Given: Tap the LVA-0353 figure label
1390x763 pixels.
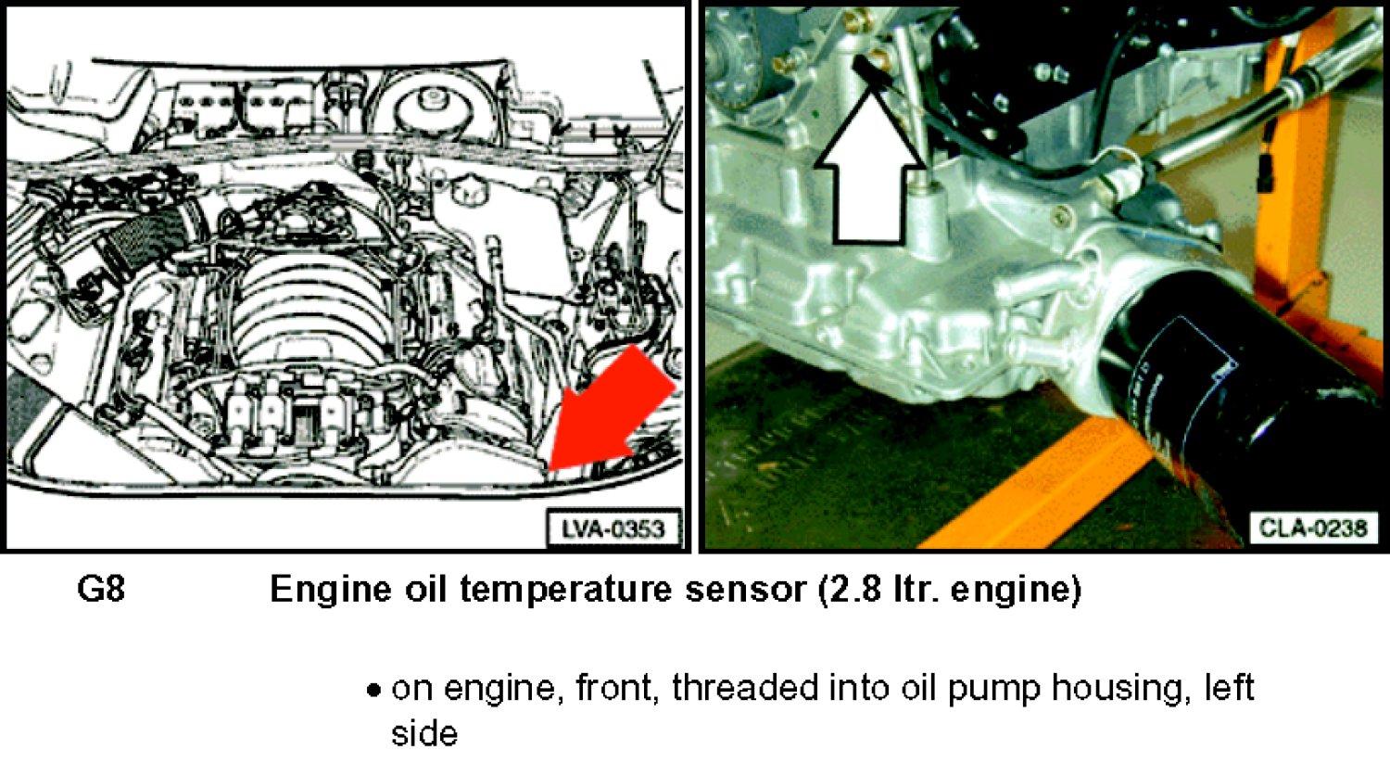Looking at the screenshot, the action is pos(613,529).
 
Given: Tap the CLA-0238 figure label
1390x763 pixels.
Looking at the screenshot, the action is pos(1312,528).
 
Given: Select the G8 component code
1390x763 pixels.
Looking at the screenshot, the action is pos(101,589).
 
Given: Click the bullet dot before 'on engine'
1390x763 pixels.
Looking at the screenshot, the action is pos(373,691).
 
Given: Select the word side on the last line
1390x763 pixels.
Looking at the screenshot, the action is pos(424,733).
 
